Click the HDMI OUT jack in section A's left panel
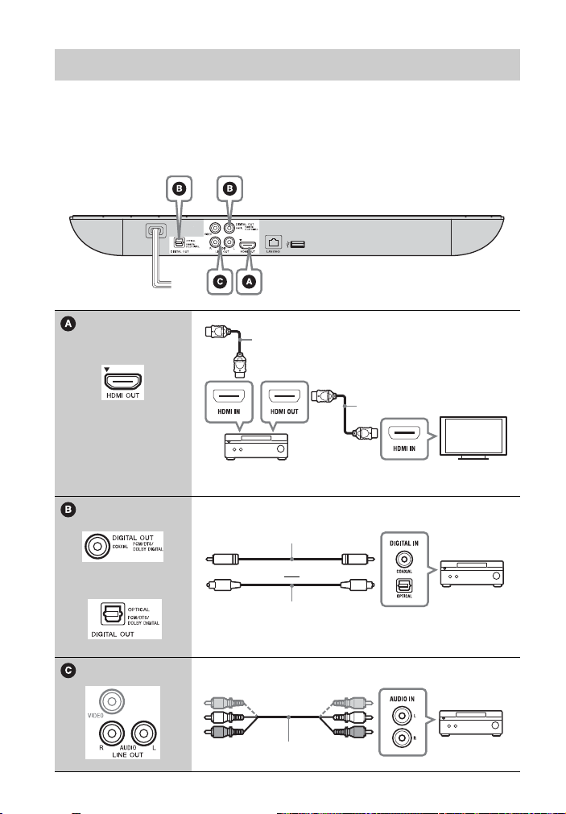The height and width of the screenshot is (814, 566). [123, 377]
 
